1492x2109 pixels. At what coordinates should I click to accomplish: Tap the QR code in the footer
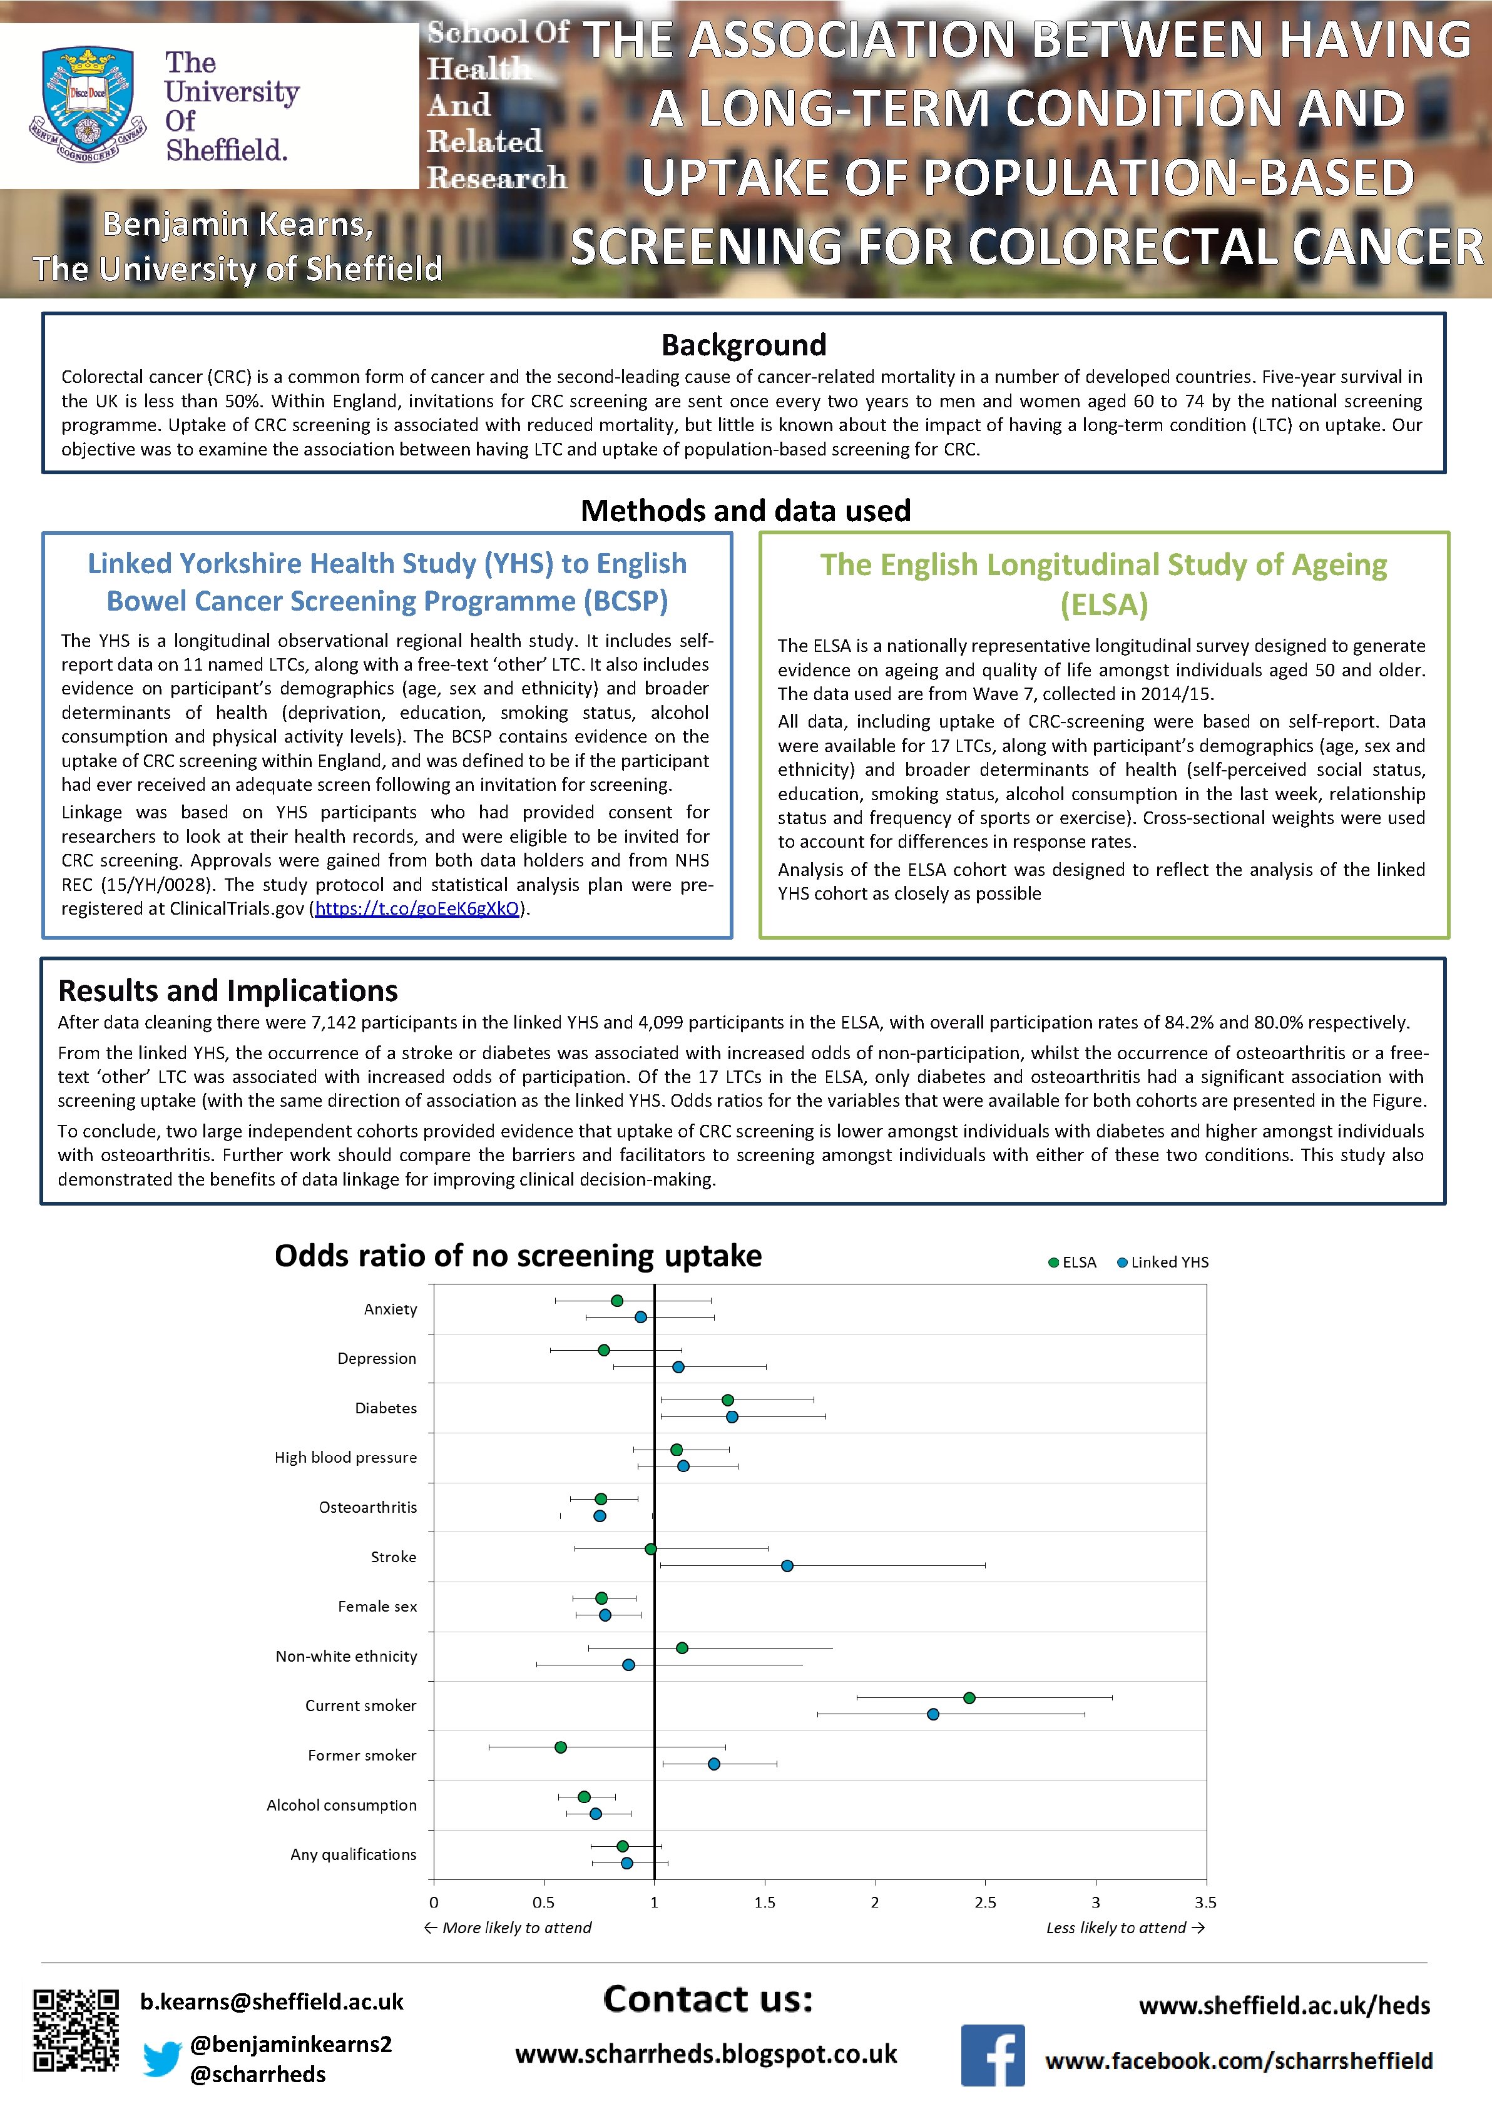tap(76, 2031)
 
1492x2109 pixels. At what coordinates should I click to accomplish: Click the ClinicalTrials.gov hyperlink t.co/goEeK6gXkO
tap(417, 908)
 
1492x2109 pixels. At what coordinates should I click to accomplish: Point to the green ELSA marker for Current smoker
tap(968, 1697)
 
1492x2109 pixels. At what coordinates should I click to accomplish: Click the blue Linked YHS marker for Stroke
tap(787, 1565)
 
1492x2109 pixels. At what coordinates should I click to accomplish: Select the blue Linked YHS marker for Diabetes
tap(732, 1416)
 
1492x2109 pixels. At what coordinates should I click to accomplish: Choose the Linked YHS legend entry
tap(1162, 1262)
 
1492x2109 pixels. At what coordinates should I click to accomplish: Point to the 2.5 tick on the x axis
tap(985, 1903)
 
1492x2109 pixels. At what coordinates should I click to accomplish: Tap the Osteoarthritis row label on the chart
tap(367, 1507)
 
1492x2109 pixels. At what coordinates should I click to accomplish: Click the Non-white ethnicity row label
tap(346, 1656)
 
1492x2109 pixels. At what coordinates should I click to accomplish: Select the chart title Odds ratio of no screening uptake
tap(518, 1256)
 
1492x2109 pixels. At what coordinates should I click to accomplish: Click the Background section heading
tap(744, 345)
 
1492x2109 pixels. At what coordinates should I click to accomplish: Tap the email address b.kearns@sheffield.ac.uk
tap(272, 2001)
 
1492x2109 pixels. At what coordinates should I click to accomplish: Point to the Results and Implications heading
tap(228, 990)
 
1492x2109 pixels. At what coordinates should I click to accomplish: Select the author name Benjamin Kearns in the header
tap(238, 223)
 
